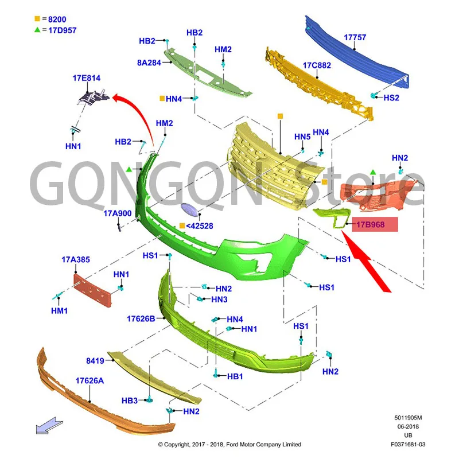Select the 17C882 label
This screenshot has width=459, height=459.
[x=317, y=65]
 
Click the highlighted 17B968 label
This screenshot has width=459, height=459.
[x=371, y=225]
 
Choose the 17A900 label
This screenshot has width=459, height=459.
[x=118, y=213]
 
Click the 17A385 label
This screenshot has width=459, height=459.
[x=76, y=260]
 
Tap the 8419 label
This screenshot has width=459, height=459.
[x=95, y=361]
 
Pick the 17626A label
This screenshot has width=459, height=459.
[x=90, y=380]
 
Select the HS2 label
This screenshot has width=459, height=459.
[x=391, y=98]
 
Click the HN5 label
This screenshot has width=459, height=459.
[x=302, y=137]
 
